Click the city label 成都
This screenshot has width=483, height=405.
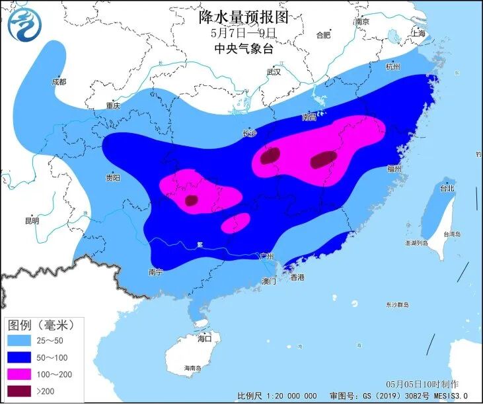point(58,82)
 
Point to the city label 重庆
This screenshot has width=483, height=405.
point(113,105)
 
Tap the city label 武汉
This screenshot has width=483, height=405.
point(273,71)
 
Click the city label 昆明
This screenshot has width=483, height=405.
point(31,220)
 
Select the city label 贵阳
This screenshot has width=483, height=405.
point(112,177)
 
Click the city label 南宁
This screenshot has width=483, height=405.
point(156,271)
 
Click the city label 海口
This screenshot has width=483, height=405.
point(204,338)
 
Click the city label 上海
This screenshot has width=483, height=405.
point(418,32)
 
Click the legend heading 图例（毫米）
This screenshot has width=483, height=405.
point(40,324)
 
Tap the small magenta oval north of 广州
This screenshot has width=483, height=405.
point(235,223)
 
